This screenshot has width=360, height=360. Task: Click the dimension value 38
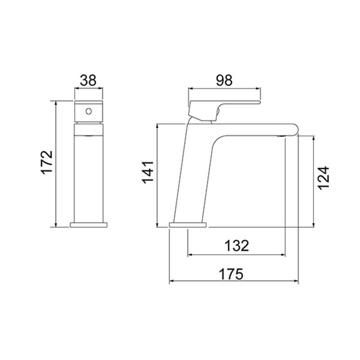click(x=88, y=80)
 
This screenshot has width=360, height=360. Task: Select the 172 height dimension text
click(x=47, y=162)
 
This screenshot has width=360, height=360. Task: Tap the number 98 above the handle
click(x=224, y=80)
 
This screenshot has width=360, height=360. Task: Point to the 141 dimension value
click(x=148, y=172)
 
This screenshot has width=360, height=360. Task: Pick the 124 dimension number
click(x=323, y=178)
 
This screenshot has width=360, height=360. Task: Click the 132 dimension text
click(x=237, y=246)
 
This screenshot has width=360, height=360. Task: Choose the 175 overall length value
click(x=231, y=274)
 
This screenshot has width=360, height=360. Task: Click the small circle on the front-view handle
click(x=89, y=111)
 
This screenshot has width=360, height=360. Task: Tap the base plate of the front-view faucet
click(x=89, y=225)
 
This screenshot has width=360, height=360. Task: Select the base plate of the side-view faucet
click(x=188, y=225)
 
